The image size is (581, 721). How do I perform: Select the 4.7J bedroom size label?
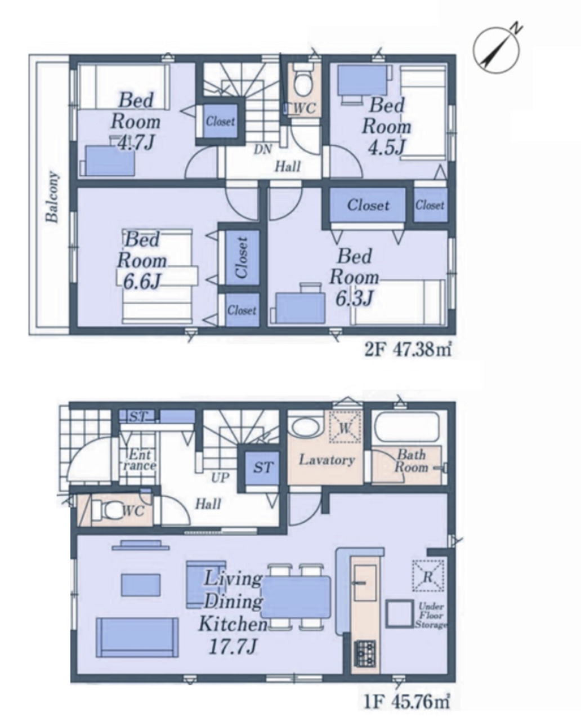point(136,143)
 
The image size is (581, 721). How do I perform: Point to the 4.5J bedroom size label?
point(386,148)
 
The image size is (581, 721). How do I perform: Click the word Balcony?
point(52,197)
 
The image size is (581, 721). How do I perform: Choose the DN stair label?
point(262,149)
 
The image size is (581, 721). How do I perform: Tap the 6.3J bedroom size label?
point(354,298)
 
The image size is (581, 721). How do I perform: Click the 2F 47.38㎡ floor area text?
point(408,350)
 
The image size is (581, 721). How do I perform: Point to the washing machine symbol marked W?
point(345,426)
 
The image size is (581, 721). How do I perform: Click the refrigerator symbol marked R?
point(428,575)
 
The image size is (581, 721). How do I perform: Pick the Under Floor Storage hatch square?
point(400,614)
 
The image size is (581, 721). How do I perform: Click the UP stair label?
point(220,478)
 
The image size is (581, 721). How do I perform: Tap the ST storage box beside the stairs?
point(262,468)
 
